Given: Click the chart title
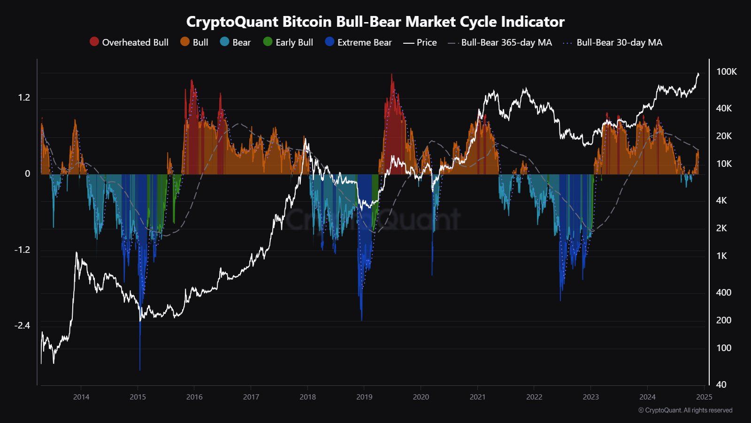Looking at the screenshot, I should (x=375, y=22).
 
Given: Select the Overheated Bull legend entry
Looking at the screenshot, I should (x=129, y=42).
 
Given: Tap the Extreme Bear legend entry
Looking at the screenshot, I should (x=359, y=42).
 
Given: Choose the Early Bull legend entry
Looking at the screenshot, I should (x=288, y=42).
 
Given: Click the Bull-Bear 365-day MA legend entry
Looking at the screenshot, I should (x=500, y=42).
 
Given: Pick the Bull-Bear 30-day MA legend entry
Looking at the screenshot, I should (x=613, y=42).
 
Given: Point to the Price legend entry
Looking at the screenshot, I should (x=420, y=42).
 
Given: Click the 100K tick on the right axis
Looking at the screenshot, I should (x=726, y=72).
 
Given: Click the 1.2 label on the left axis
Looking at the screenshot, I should (x=24, y=98).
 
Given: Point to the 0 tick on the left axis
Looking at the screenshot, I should (x=27, y=174).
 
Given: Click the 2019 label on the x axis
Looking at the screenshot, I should (x=364, y=397).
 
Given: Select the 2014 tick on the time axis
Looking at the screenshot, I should (x=81, y=397).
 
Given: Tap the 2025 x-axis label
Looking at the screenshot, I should (x=705, y=397).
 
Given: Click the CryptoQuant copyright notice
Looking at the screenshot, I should (x=685, y=410).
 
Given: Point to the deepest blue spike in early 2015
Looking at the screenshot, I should (x=140, y=369).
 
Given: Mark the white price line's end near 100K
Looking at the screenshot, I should (x=698, y=74).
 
